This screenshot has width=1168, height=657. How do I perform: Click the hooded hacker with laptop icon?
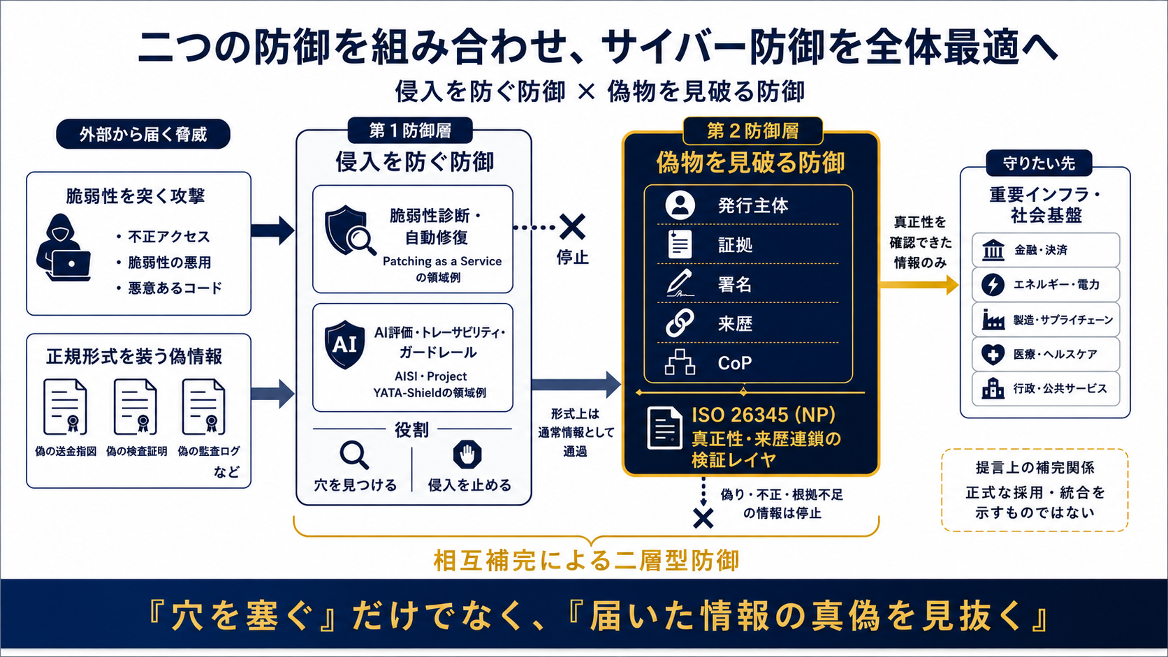pyautogui.click(x=64, y=248)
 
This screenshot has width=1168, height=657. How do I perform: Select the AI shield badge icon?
pyautogui.click(x=344, y=345)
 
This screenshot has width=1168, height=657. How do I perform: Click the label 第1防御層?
pyautogui.click(x=410, y=131)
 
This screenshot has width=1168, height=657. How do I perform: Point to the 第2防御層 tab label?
pyautogui.click(x=752, y=131)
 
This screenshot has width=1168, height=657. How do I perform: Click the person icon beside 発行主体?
pyautogui.click(x=680, y=205)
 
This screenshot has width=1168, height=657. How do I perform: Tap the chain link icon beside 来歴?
pyautogui.click(x=680, y=323)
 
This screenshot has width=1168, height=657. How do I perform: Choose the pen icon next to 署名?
pyautogui.click(x=680, y=283)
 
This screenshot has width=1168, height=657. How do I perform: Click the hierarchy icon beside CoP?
pyautogui.click(x=680, y=362)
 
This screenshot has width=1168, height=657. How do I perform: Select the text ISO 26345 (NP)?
pyautogui.click(x=764, y=415)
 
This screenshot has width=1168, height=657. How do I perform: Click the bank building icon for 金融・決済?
pyautogui.click(x=993, y=250)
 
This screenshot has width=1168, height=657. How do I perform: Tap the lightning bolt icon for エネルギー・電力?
pyautogui.click(x=993, y=284)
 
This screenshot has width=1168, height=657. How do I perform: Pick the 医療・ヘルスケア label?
pyautogui.click(x=1055, y=354)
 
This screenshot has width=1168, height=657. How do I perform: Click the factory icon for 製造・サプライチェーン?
pyautogui.click(x=993, y=319)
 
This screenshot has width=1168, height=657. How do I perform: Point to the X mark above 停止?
pyautogui.click(x=572, y=227)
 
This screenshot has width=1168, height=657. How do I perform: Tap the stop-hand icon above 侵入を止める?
pyautogui.click(x=467, y=455)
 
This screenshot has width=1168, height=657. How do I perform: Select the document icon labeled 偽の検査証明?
pyautogui.click(x=135, y=407)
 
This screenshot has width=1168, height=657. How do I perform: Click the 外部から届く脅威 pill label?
pyautogui.click(x=143, y=135)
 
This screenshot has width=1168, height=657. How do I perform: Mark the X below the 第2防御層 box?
pyautogui.click(x=703, y=519)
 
